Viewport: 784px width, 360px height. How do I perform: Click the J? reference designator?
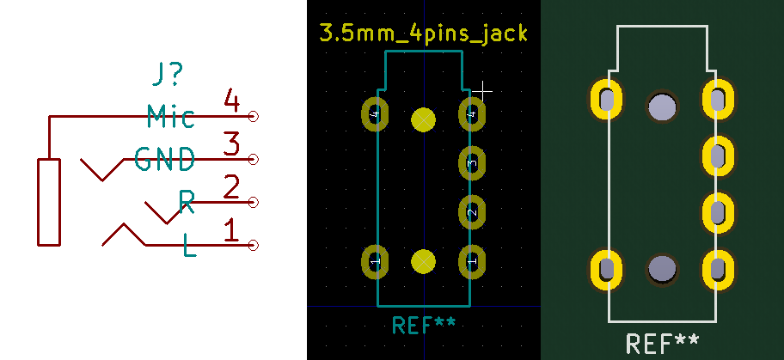(166, 76)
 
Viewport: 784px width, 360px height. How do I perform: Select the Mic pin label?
(170, 116)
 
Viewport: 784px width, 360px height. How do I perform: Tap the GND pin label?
(164, 159)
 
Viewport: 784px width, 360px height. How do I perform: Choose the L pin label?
(190, 247)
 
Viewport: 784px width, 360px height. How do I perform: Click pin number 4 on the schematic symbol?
(230, 101)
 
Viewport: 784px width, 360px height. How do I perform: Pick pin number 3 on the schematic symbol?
(230, 144)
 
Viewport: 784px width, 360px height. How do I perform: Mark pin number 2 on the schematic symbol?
(230, 187)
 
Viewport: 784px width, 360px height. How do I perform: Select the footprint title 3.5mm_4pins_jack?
(423, 34)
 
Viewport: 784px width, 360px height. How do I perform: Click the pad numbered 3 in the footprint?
(471, 162)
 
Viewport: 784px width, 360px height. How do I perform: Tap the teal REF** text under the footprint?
(424, 325)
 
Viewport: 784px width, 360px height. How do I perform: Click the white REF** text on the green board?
(662, 344)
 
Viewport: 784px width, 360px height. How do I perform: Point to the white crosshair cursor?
(484, 89)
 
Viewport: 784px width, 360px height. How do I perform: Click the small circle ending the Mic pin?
(253, 116)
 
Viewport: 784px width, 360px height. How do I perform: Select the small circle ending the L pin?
(253, 246)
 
